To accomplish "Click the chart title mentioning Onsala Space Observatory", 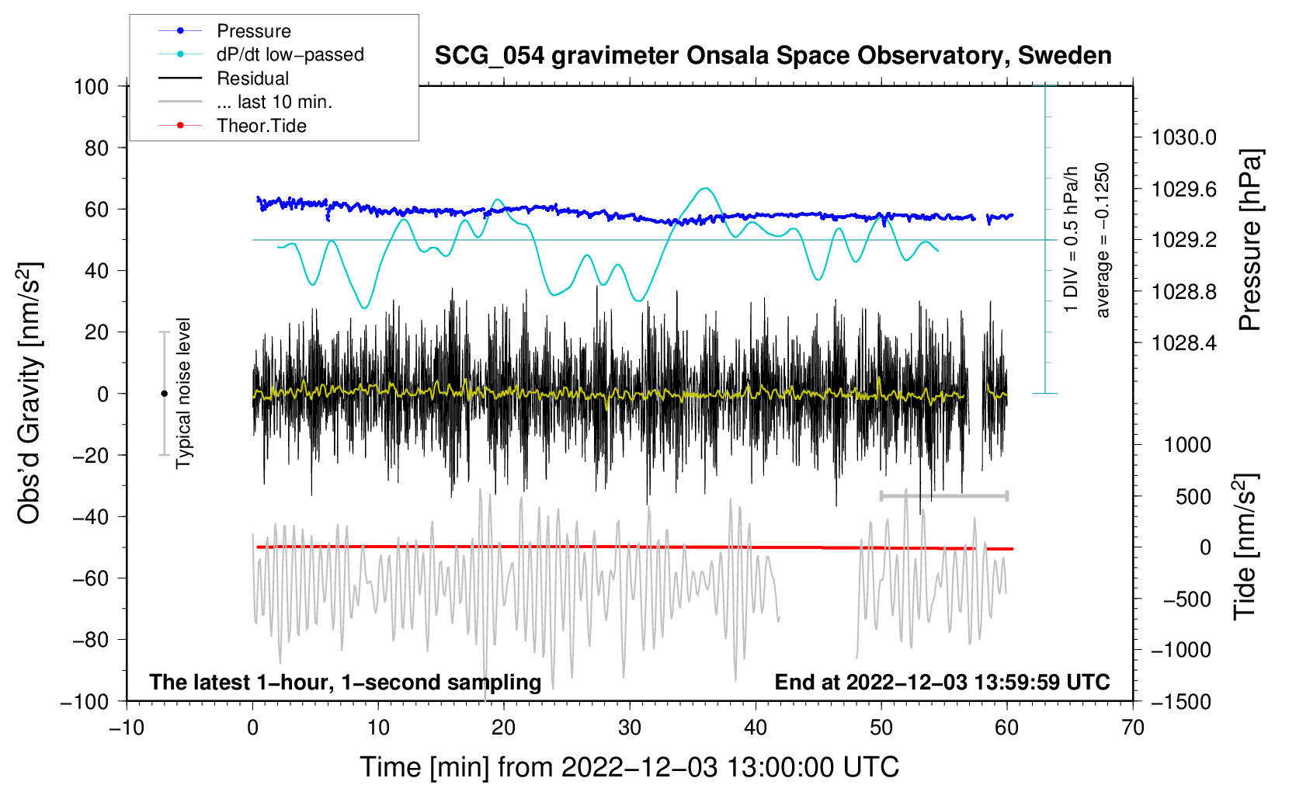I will [773, 56].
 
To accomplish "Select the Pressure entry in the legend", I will [253, 31].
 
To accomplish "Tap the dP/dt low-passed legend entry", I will [290, 54].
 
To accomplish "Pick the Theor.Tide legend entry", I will [261, 126].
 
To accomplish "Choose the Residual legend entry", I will [252, 78].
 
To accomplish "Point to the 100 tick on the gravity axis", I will [91, 86].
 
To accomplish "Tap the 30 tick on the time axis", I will [630, 728].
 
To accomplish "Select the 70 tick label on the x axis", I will [1133, 728].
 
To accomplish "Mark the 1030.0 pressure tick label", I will [1183, 137].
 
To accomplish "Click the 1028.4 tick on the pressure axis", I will [1183, 342].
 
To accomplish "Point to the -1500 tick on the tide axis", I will [1180, 701].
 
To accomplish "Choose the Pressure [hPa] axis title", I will [1249, 241].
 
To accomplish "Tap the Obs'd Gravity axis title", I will [30, 393].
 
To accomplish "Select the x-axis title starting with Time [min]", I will [629, 767].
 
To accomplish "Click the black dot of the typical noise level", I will [164, 394].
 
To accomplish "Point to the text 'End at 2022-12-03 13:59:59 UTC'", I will [942, 682].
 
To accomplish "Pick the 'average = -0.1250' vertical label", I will [1103, 240].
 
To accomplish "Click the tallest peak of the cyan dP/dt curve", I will [704, 188].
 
